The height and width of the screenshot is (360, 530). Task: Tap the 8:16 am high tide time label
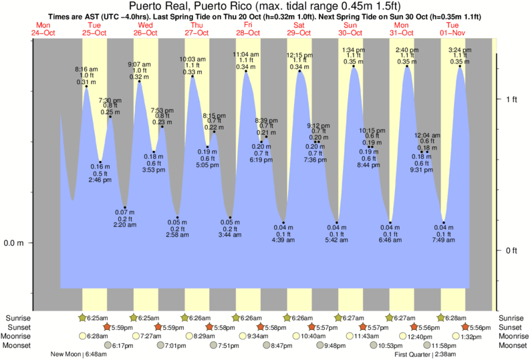pyautogui.click(x=86, y=69)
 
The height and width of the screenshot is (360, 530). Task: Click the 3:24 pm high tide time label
pyautogui.click(x=459, y=49)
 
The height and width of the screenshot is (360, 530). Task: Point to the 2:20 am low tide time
pyautogui.click(x=125, y=225)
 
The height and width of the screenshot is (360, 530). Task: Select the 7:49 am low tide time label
pyautogui.click(x=444, y=240)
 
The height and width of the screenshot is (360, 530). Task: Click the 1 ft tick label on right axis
pyautogui.click(x=511, y=100)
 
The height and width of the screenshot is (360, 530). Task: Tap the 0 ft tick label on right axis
pyautogui.click(x=511, y=250)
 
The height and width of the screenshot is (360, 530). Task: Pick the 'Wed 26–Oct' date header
pyautogui.click(x=145, y=29)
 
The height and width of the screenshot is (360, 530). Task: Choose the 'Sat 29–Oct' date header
pyautogui.click(x=299, y=29)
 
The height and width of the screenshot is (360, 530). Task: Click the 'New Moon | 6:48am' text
pyautogui.click(x=82, y=355)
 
